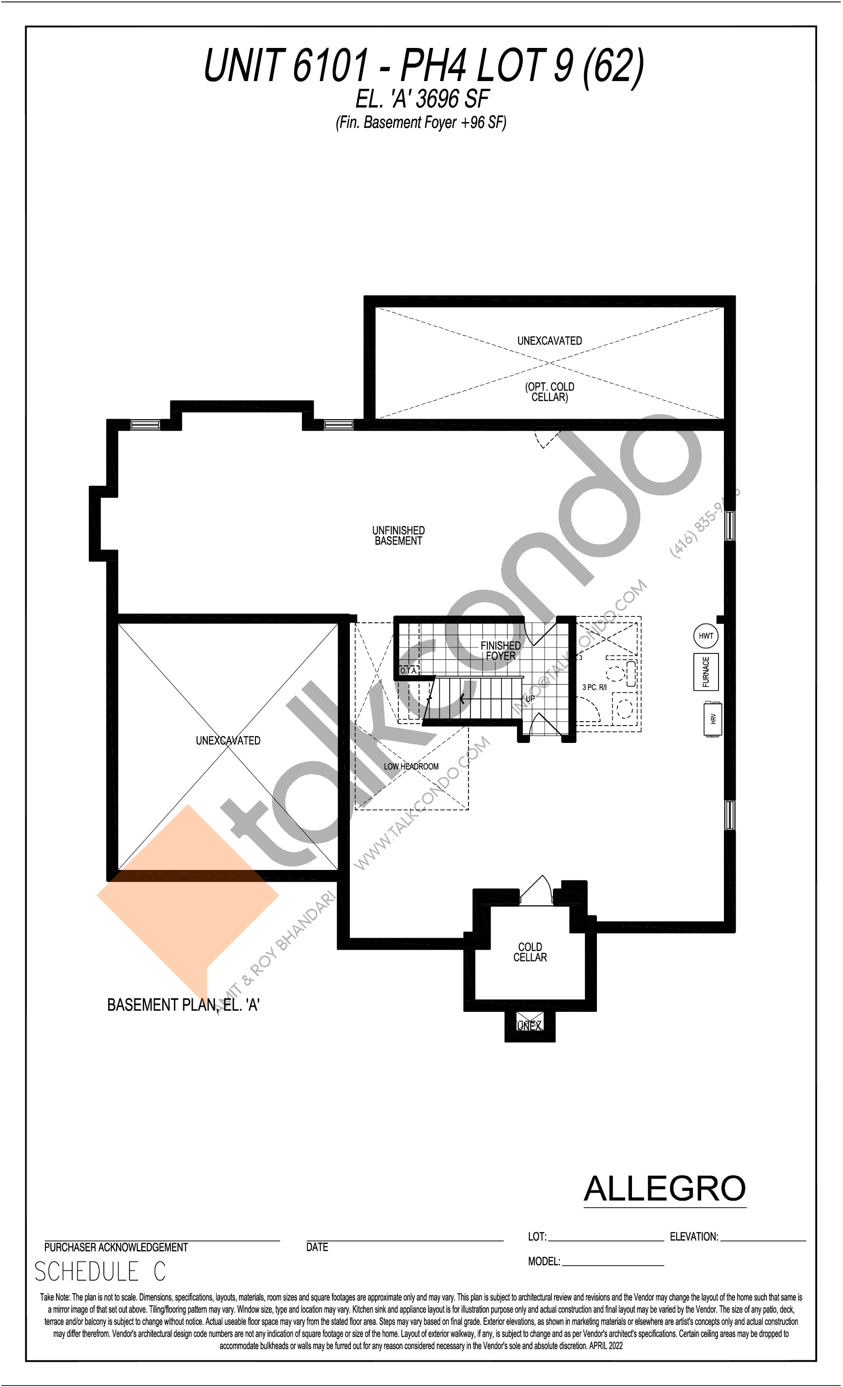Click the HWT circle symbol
click(x=706, y=636)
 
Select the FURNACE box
click(x=706, y=672)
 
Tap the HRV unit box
click(x=713, y=719)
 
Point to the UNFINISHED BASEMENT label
click(x=398, y=535)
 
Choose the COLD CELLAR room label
click(x=530, y=952)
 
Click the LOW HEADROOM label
click(x=411, y=767)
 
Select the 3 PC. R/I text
click(x=594, y=687)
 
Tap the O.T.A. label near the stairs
click(x=409, y=671)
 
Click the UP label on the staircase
click(x=530, y=698)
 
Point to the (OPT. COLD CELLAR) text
click(x=550, y=392)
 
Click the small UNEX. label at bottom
click(x=530, y=1026)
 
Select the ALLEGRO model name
click(x=665, y=1188)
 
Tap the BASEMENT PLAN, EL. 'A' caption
click(x=183, y=1005)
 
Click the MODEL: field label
click(x=544, y=1261)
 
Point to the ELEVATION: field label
click(x=694, y=1237)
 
